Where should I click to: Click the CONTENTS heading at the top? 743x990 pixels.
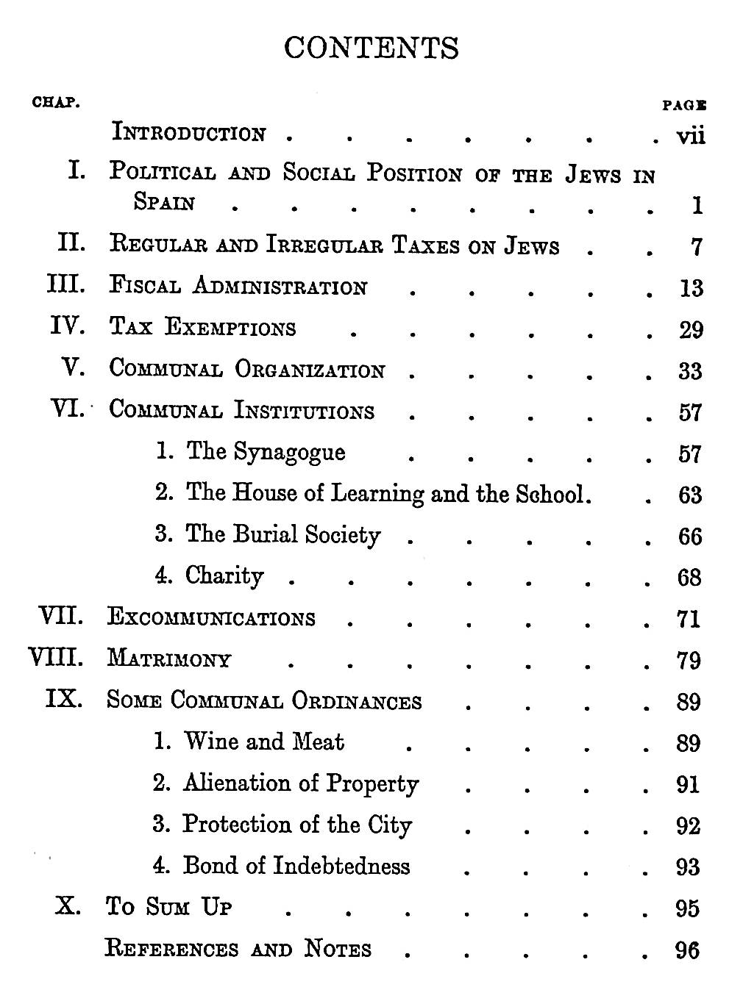(371, 49)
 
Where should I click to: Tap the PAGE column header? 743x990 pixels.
(684, 106)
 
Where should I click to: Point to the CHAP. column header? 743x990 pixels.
(56, 102)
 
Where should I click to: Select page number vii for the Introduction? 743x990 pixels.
(690, 136)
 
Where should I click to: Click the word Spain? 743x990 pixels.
(164, 201)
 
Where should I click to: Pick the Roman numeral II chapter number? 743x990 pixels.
(71, 243)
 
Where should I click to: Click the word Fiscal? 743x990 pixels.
(144, 285)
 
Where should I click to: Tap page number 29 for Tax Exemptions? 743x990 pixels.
(690, 330)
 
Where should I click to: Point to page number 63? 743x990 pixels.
(689, 495)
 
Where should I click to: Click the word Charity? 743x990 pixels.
(224, 575)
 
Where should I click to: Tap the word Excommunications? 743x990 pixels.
(211, 617)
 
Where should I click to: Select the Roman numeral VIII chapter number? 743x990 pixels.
(55, 656)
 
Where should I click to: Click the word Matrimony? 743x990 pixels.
(169, 659)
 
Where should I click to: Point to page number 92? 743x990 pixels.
(688, 826)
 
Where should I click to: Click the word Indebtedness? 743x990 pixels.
(341, 866)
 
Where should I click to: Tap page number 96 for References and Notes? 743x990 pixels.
(688, 950)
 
